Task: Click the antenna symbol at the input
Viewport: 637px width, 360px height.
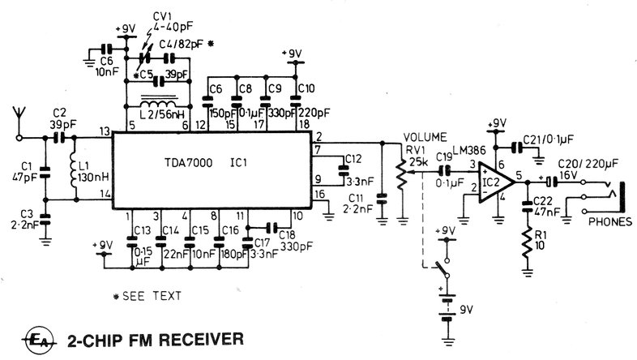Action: pos(19,122)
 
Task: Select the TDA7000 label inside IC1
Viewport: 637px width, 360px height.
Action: pos(189,163)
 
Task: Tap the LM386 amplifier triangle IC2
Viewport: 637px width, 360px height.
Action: pos(497,182)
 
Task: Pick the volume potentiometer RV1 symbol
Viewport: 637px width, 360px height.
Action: pos(402,174)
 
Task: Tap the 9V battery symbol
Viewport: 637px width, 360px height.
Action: pos(447,310)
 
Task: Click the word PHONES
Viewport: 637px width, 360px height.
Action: pos(610,222)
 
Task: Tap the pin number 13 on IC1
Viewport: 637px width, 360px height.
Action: pos(105,131)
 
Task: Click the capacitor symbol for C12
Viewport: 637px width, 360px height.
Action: pos(344,171)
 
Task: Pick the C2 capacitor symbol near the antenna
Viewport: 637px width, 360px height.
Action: pos(59,138)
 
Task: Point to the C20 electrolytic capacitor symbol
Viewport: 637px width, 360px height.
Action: pos(551,182)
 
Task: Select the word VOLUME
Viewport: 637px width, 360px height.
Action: pos(425,137)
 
